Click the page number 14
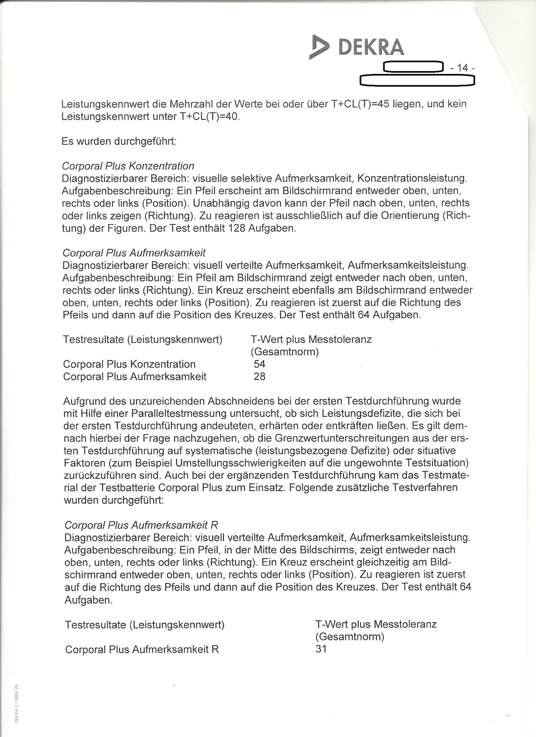tap(462, 68)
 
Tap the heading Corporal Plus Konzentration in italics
tap(128, 166)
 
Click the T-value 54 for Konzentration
tap(260, 364)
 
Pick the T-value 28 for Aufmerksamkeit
tap(260, 377)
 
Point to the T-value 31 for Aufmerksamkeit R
tap(321, 649)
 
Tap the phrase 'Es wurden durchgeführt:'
tap(119, 142)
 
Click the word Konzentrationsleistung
tap(412, 178)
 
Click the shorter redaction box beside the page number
tap(412, 67)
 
